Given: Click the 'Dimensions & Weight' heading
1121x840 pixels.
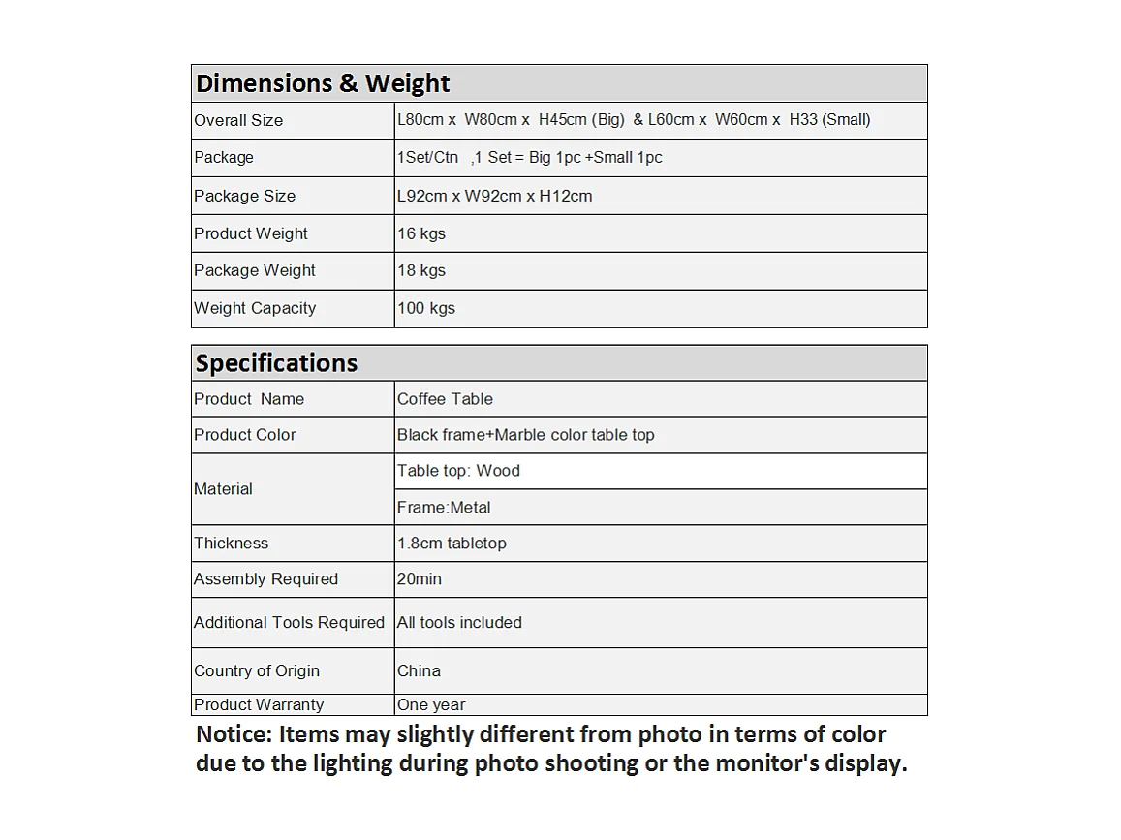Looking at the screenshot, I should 323,83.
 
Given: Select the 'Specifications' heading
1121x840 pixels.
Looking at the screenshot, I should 276,363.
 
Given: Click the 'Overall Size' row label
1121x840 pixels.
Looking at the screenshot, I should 238,120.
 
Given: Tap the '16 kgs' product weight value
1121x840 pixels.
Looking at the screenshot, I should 420,233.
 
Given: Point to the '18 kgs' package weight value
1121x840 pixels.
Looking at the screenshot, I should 420,270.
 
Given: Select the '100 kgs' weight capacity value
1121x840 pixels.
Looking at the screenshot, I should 425,308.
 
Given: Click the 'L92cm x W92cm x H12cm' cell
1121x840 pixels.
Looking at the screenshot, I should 494,196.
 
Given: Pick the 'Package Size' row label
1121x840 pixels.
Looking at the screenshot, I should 244,196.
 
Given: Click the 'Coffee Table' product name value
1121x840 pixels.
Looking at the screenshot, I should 445,399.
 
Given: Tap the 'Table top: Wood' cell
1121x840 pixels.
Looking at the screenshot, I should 458,471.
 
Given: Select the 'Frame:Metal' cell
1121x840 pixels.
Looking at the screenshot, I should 444,508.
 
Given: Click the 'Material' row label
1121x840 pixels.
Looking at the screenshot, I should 223,489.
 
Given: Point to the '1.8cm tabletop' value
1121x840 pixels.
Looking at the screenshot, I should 452,544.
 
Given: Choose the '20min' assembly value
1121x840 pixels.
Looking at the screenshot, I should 419,579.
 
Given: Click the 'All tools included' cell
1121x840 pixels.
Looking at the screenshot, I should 459,623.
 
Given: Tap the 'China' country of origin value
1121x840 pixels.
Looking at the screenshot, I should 419,670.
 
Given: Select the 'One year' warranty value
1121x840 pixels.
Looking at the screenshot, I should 431,705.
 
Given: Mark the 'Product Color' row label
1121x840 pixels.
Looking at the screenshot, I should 244,435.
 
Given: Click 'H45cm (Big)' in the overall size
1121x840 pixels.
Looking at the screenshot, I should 581,120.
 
